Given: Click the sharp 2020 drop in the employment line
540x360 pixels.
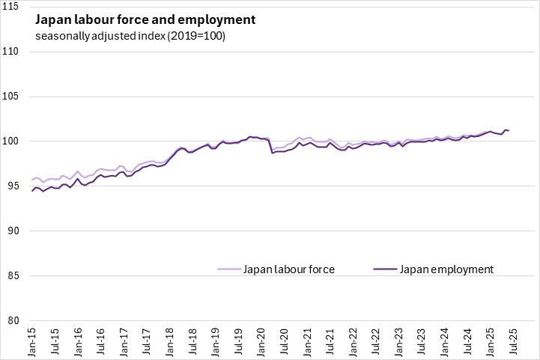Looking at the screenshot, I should click(x=272, y=153).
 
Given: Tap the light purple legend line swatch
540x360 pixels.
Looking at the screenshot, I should click(x=229, y=269).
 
